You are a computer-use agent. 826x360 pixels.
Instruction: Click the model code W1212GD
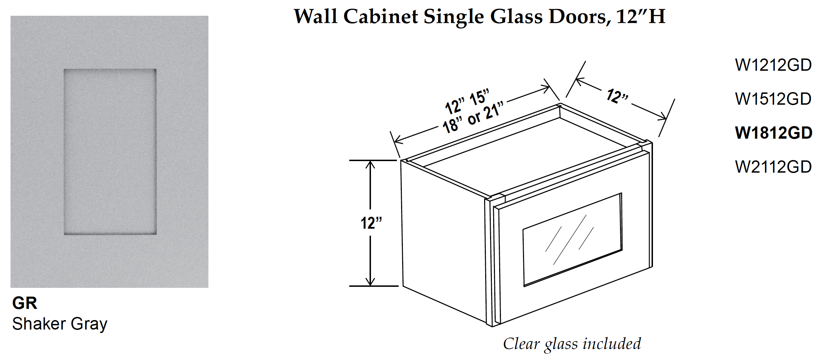click(773, 65)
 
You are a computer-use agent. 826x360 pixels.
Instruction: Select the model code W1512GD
click(773, 99)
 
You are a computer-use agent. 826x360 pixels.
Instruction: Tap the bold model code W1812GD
click(773, 133)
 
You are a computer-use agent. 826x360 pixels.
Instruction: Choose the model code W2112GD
click(773, 167)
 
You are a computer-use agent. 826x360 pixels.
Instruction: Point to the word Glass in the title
click(516, 16)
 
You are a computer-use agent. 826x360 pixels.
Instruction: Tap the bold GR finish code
click(25, 303)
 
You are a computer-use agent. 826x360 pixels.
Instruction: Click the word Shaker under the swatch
click(39, 324)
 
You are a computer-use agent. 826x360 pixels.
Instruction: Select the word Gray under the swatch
click(89, 325)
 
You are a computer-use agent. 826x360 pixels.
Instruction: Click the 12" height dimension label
click(371, 223)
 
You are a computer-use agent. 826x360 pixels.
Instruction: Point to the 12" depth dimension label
click(617, 96)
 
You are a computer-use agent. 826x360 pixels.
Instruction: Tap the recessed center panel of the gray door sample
click(110, 152)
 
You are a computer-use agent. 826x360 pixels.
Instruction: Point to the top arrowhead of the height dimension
click(370, 164)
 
